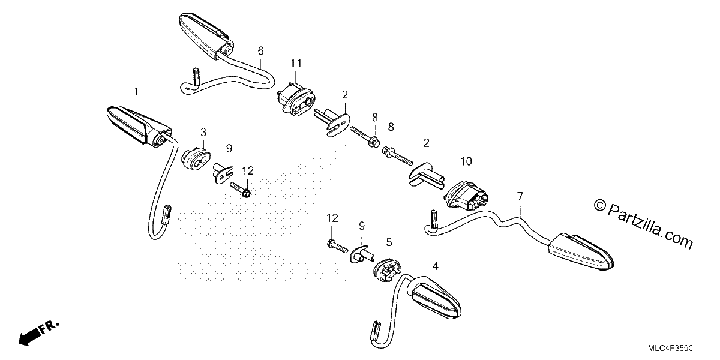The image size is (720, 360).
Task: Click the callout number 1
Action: coord(136,92)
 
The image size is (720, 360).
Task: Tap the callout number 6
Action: coord(260,51)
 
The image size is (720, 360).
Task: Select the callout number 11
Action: coord(296,64)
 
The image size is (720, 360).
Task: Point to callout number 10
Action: coord(466,161)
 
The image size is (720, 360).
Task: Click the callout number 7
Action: coord(520,196)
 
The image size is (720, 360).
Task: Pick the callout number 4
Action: coord(435,266)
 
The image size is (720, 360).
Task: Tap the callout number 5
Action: coord(389,242)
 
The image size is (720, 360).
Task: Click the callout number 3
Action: coord(203,132)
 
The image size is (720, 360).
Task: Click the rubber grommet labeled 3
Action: coord(196,158)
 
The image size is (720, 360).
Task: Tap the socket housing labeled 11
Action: coord(296,98)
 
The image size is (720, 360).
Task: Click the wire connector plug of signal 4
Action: coord(376,331)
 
